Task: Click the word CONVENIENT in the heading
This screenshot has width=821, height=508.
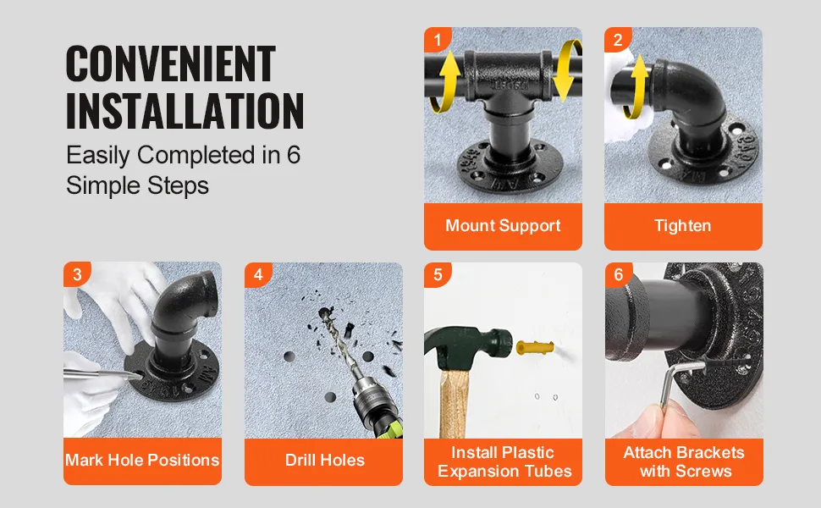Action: click(171, 63)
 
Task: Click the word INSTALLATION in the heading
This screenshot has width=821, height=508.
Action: click(185, 111)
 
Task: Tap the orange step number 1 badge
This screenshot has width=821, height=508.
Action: click(438, 39)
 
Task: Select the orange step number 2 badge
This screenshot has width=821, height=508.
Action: click(618, 39)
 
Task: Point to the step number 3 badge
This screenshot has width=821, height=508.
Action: click(77, 274)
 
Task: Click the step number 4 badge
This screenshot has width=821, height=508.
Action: click(258, 274)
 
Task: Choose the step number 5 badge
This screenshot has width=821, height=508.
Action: click(438, 274)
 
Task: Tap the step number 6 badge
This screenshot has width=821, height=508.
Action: click(619, 274)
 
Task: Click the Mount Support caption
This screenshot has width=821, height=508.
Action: click(503, 226)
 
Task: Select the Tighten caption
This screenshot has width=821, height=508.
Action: click(683, 226)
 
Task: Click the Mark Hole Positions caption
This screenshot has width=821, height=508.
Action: click(142, 460)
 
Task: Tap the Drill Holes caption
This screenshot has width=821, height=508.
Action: click(325, 460)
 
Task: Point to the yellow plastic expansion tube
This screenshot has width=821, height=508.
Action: click(535, 347)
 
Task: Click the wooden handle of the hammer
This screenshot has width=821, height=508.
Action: click(454, 404)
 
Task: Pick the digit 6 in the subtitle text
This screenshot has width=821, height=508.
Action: click(293, 155)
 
